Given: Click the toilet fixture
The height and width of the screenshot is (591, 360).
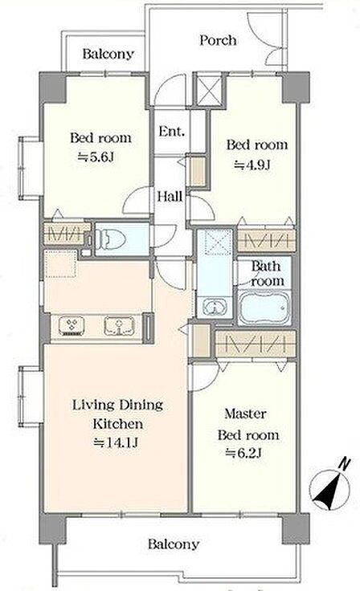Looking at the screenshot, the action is coord(110,239).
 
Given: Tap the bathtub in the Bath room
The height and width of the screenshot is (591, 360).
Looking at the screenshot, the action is coord(264,308).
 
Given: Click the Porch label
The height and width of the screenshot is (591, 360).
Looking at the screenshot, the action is coord(218,40).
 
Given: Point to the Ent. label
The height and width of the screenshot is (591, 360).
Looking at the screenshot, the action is coord(172,131).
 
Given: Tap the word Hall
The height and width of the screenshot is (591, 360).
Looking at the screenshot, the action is coord(170,196).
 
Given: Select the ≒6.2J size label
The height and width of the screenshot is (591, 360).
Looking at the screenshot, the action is coord(243,453).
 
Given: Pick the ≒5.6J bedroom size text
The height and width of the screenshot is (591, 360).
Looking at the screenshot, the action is coord(96,157).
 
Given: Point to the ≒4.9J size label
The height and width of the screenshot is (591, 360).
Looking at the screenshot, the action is coord(252,165).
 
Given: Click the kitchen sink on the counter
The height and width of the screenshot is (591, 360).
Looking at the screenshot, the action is coord(119,326).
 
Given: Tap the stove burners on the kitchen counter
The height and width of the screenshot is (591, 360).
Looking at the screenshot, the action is coord(72,326).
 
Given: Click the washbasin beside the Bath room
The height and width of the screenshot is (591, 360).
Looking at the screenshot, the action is coord(214,306).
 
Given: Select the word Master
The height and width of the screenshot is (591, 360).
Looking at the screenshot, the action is coord(245,414).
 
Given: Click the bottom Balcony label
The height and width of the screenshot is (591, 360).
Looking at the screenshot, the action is coord(174,544).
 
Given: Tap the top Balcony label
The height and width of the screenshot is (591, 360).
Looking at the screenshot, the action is coord(108,54).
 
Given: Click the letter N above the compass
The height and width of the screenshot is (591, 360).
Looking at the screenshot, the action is coord(345,463).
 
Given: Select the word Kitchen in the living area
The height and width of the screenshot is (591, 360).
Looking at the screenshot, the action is coord(118,424).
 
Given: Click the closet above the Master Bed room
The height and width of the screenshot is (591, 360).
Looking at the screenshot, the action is coord(255,344).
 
